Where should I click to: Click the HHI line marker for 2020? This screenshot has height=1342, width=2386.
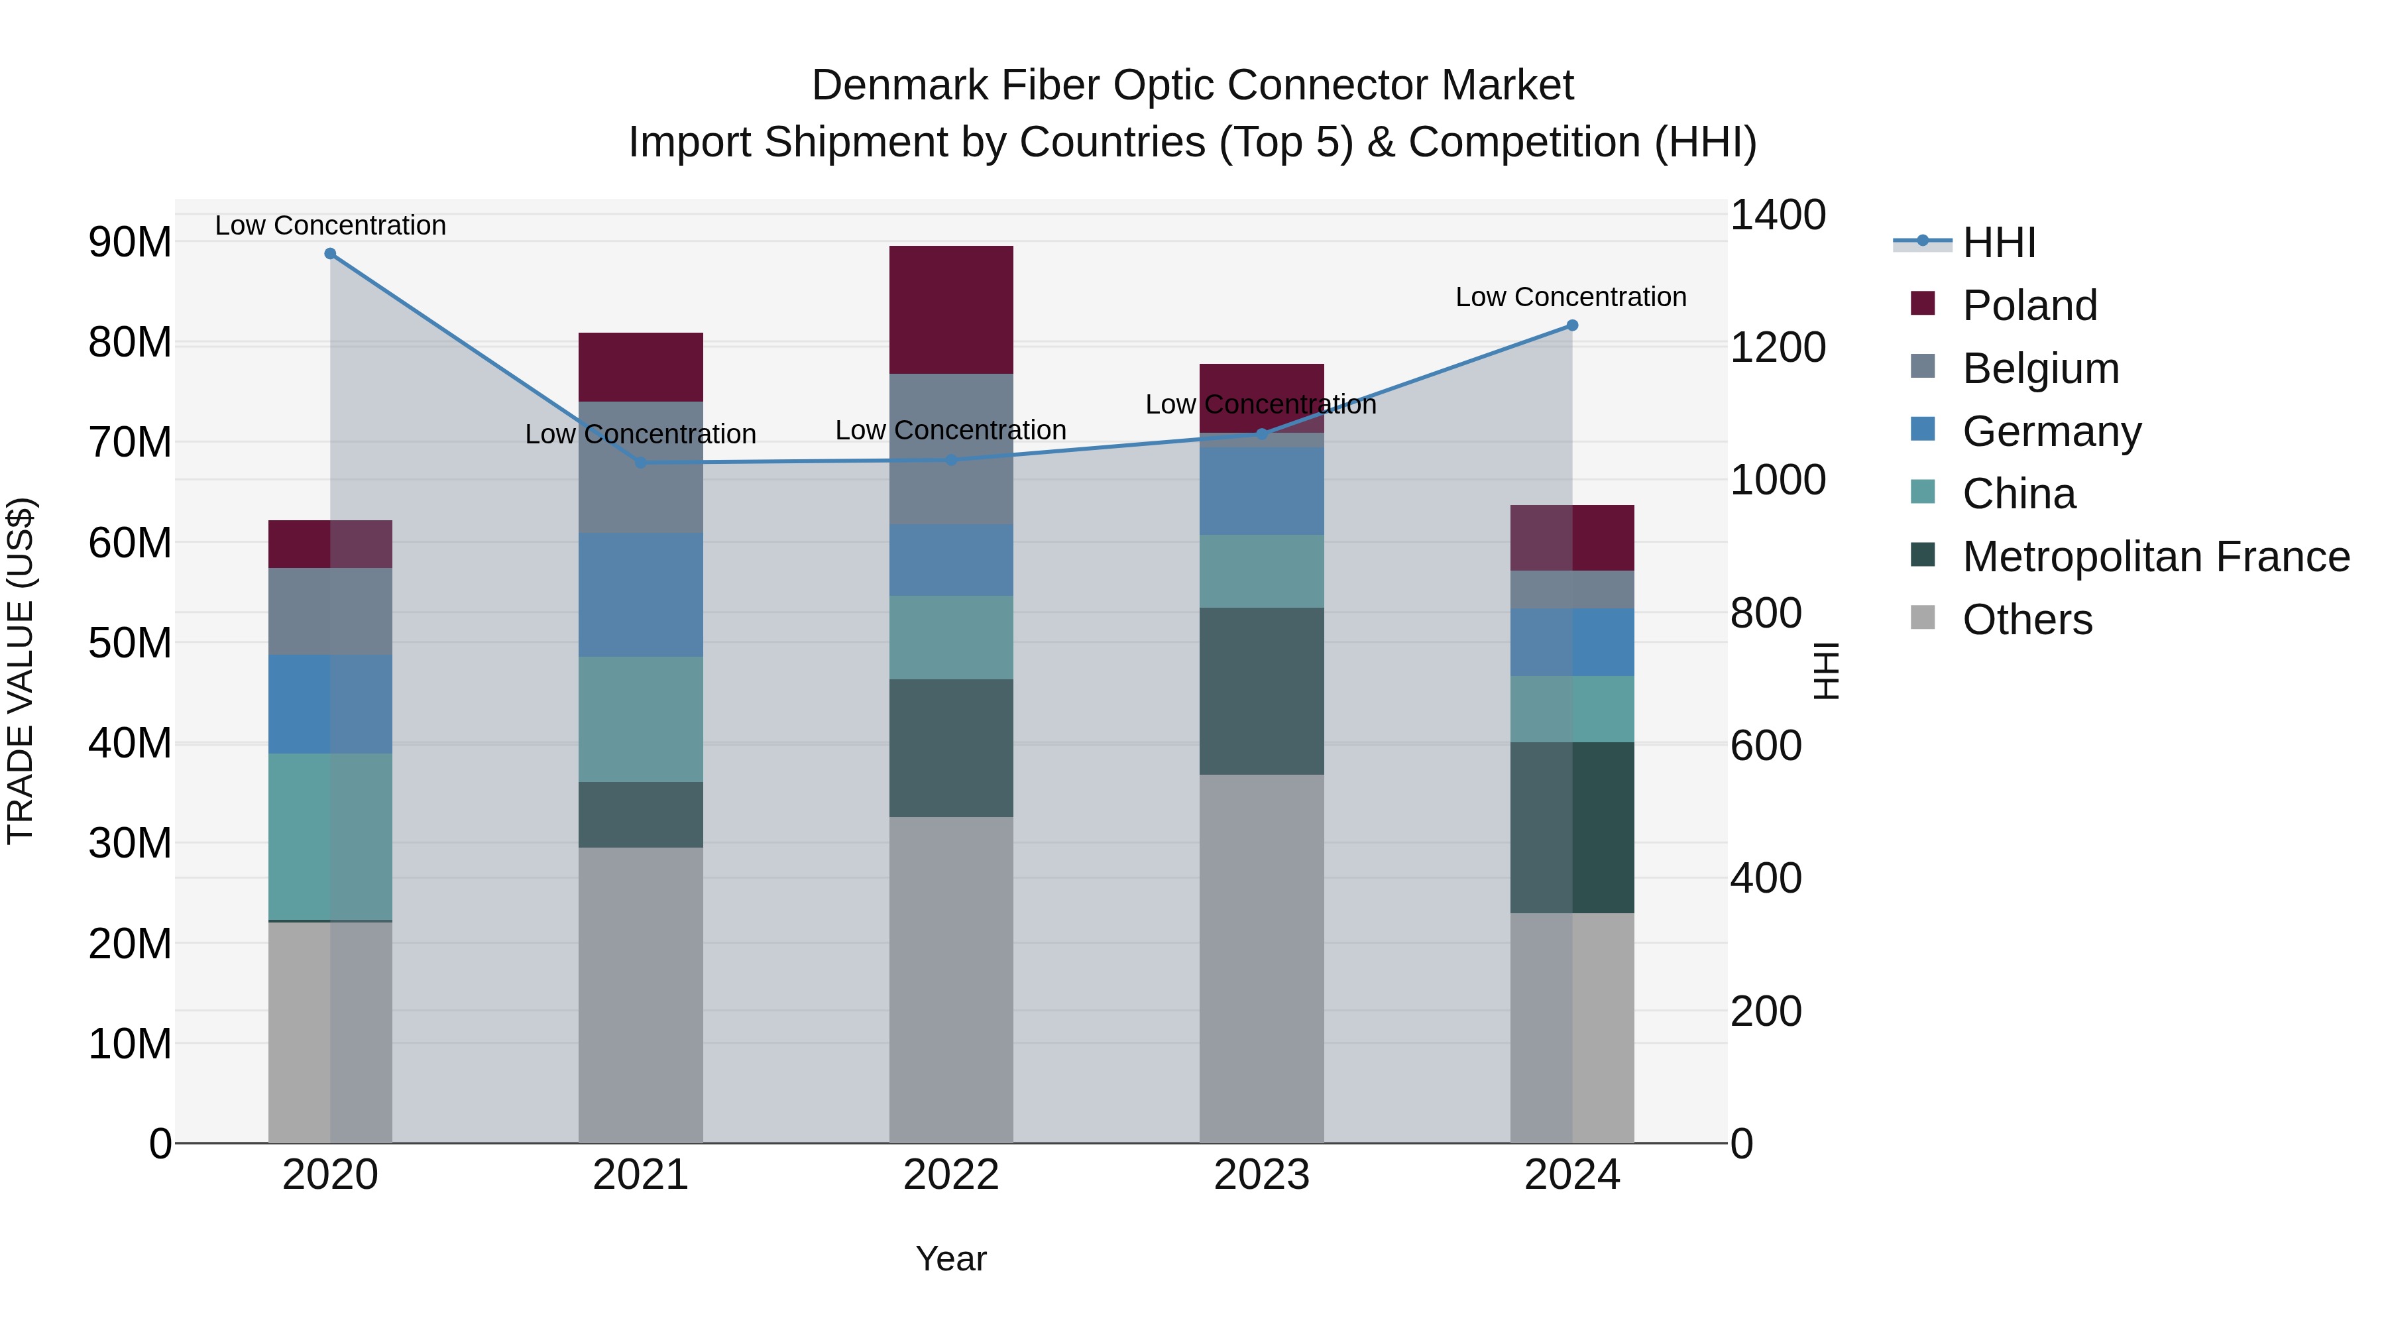click(x=330, y=254)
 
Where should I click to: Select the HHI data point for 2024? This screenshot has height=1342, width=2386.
click(x=1572, y=325)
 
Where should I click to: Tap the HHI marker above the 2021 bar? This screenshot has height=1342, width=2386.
click(x=641, y=462)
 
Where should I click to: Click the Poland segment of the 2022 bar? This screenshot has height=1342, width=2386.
click(x=951, y=309)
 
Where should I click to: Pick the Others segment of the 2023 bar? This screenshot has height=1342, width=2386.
click(x=1261, y=958)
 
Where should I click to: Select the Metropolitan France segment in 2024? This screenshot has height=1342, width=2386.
click(x=1572, y=827)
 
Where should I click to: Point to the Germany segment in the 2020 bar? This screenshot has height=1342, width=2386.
click(x=330, y=704)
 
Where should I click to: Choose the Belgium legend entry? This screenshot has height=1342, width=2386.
click(x=2041, y=368)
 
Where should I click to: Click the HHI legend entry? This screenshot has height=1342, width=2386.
click(x=1999, y=243)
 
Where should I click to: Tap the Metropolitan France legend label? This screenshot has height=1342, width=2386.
click(x=2155, y=557)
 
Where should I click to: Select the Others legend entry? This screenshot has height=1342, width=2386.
click(x=2027, y=620)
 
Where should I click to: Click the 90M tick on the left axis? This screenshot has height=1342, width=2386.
click(x=130, y=243)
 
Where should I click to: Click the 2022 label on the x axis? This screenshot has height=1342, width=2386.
click(x=951, y=1175)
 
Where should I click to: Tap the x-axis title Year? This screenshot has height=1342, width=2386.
click(x=951, y=1258)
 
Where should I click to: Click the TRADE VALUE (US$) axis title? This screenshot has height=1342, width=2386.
click(x=21, y=671)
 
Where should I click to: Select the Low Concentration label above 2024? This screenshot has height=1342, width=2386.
click(x=1570, y=298)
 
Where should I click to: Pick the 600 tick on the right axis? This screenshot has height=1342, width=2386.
click(x=1766, y=746)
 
